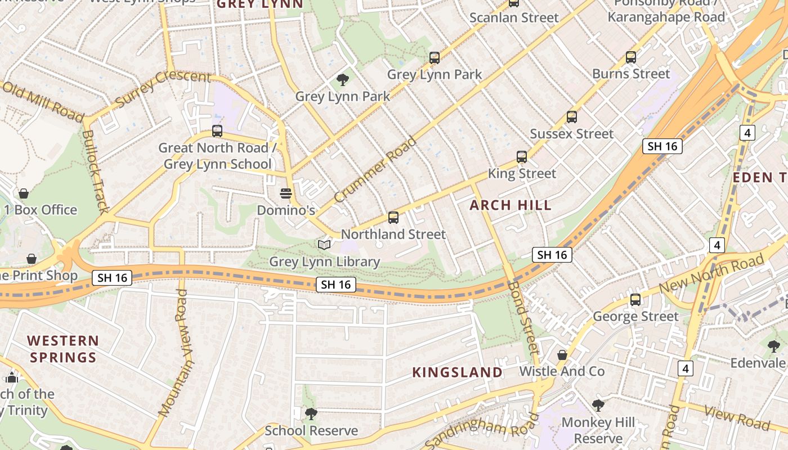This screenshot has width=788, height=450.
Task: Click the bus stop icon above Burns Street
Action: point(631,57)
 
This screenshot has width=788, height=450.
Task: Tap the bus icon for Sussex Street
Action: point(572,117)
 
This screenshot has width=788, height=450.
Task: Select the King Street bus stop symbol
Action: point(522,157)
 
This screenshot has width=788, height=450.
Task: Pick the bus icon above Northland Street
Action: point(393,218)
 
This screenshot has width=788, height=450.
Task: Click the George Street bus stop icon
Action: point(635,300)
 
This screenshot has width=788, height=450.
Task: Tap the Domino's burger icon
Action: point(286,194)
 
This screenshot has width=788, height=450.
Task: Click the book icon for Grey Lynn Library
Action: point(324,245)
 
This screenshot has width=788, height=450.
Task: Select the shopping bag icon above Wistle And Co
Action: point(562,355)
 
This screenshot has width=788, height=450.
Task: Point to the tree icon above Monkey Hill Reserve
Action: point(598,405)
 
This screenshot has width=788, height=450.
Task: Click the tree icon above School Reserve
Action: point(311,414)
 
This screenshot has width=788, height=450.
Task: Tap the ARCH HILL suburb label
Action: point(511,205)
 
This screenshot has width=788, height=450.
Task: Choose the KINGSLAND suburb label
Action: point(457,372)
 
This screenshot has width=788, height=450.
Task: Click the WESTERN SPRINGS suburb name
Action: point(63,349)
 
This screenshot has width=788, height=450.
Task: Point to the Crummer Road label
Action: point(375,169)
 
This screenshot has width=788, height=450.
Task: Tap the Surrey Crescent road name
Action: point(163,89)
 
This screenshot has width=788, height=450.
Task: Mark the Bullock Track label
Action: point(95,172)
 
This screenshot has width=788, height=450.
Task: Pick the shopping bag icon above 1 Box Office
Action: point(24,193)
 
